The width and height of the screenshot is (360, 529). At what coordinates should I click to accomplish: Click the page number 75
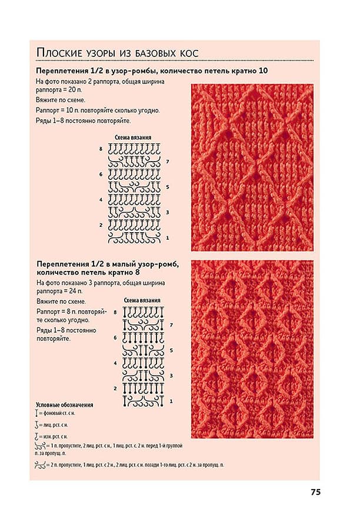click(315, 493)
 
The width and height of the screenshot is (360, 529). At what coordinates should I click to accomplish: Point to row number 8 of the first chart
click(101, 149)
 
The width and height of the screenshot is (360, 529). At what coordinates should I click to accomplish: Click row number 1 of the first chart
click(168, 238)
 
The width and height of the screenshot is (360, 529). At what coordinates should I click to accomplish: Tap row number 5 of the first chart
click(168, 187)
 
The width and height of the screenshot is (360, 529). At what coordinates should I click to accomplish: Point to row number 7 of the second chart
click(171, 324)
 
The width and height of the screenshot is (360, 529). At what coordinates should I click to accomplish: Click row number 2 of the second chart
click(115, 389)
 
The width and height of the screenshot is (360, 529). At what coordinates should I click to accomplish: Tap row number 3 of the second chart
click(171, 376)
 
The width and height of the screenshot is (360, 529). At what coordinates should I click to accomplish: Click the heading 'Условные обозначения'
click(64, 405)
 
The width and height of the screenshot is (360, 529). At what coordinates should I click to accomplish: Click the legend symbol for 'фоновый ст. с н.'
click(37, 414)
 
